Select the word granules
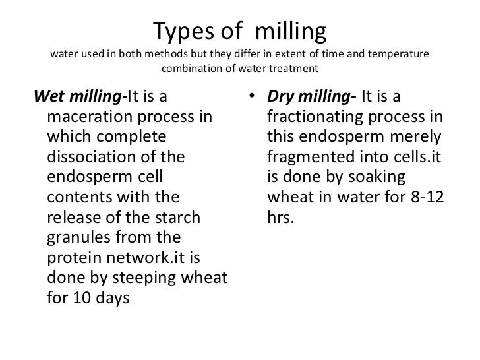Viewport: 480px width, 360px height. (78, 237)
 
